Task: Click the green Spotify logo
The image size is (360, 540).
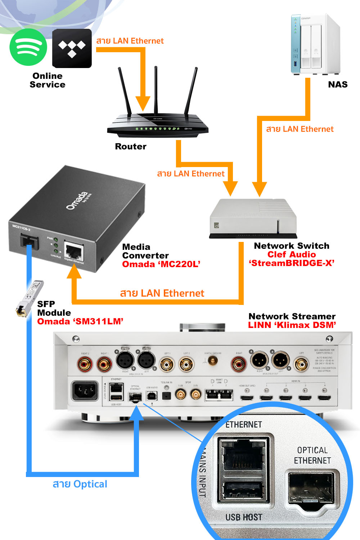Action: (28, 47)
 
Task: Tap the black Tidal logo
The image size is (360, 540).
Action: (72, 49)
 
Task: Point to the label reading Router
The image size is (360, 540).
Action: (131, 147)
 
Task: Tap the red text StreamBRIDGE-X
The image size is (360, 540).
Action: (292, 263)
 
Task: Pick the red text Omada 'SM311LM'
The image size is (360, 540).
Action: (80, 321)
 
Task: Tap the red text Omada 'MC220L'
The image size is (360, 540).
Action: (161, 264)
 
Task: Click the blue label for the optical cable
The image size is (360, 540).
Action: (80, 484)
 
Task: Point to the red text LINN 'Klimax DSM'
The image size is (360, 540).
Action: (292, 325)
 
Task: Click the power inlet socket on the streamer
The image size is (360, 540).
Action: (85, 391)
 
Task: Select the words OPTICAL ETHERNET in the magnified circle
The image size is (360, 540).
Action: (312, 455)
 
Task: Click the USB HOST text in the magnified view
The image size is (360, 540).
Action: (244, 517)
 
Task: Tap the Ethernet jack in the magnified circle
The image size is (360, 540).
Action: (243, 454)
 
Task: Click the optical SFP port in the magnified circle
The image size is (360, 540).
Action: (311, 489)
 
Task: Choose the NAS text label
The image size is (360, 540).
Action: (338, 85)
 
